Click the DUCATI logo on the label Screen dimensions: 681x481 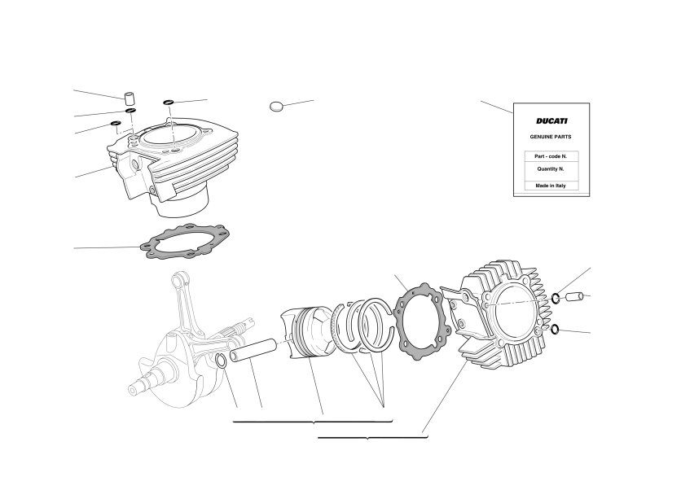[x=551, y=121]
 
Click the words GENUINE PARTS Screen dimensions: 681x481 [x=551, y=137]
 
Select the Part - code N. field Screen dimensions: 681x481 [x=551, y=156]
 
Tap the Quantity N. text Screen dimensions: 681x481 [x=551, y=168]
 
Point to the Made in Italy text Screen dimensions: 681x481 [x=551, y=186]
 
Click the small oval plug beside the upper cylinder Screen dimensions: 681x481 [x=276, y=106]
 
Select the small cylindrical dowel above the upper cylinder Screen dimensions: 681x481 [x=129, y=98]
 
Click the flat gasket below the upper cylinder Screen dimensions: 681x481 [x=185, y=242]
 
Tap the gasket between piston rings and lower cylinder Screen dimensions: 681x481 [x=422, y=321]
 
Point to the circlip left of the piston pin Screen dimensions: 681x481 [x=221, y=361]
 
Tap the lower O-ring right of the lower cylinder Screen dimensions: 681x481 [x=555, y=330]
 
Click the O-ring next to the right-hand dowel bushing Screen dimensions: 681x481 [x=556, y=298]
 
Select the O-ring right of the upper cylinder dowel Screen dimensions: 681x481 [x=169, y=103]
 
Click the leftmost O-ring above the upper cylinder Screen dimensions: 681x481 [x=116, y=123]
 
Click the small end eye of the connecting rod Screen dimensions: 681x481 [x=178, y=280]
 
